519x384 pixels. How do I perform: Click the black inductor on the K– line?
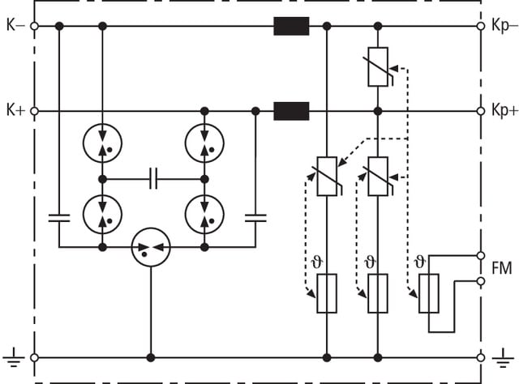[291, 27]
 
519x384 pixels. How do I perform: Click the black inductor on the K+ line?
[291, 110]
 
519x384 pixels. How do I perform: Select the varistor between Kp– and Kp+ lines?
[378, 66]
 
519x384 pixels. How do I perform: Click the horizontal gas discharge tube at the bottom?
[150, 245]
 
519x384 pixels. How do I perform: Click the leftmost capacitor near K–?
[59, 216]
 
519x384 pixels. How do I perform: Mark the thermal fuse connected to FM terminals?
[429, 293]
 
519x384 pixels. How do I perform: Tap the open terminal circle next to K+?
[34, 110]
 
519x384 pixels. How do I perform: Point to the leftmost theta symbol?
[317, 261]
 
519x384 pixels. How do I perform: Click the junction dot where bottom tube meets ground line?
[150, 356]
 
